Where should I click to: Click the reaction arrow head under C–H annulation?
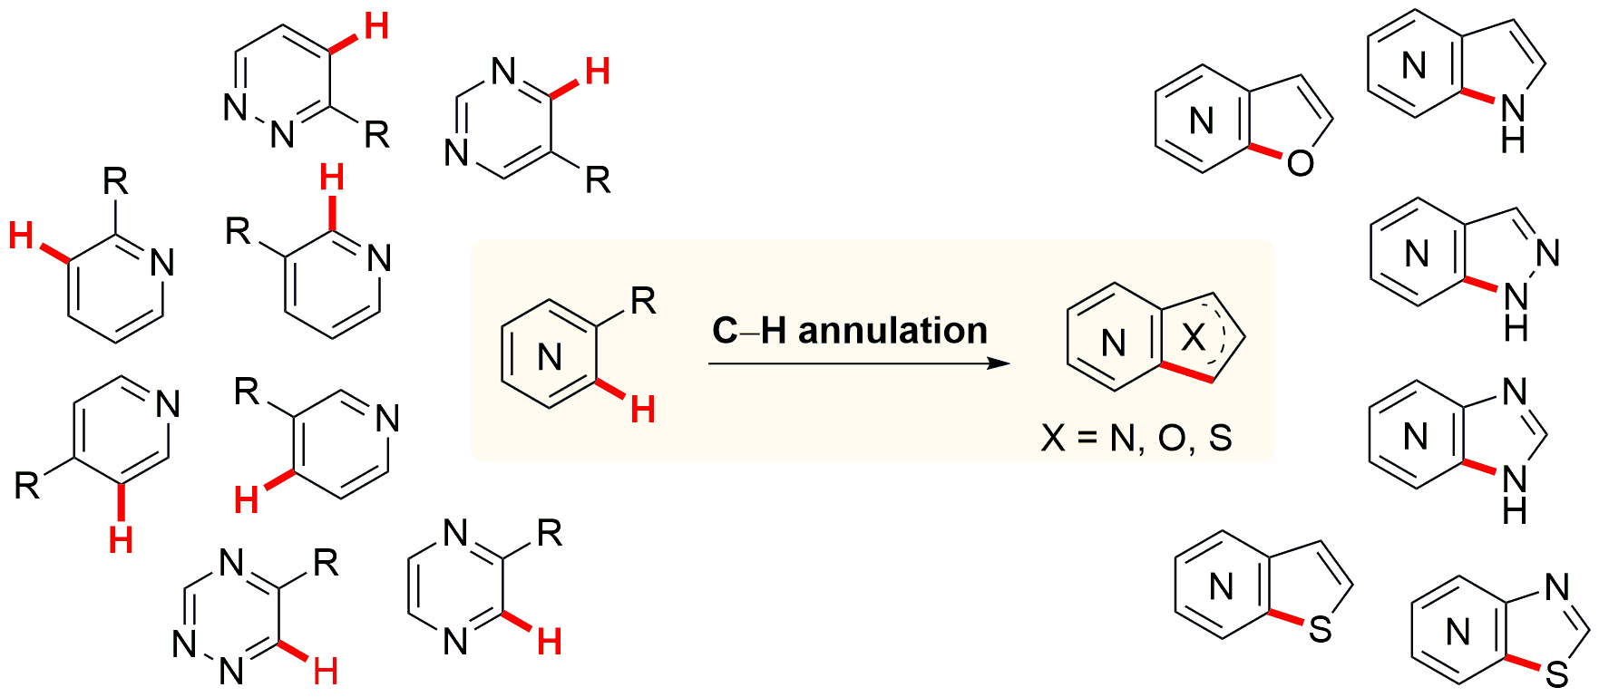pos(999,363)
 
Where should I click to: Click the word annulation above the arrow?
pos(892,330)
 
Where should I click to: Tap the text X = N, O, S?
pos(1136,439)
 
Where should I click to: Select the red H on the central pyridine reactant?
pos(643,411)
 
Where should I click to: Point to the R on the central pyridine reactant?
pos(643,301)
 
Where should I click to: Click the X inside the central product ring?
pos(1194,338)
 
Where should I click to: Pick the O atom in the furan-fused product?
pos(1300,163)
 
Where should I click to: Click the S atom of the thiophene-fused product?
pos(1321,629)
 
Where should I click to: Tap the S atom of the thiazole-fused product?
pos(1557,674)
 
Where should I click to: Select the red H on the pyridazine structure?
pos(375,27)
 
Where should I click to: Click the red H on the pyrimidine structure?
pos(597,71)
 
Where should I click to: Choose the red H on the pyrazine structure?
pos(550,642)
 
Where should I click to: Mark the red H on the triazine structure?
pos(325,672)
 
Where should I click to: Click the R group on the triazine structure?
pos(326,564)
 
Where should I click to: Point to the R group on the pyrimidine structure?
pos(598,180)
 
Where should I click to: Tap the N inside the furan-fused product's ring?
pos(1201,121)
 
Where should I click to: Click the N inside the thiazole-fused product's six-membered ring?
pos(1458,632)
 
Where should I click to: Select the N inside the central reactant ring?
pos(550,358)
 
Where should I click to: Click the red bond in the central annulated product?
pos(1187,373)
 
